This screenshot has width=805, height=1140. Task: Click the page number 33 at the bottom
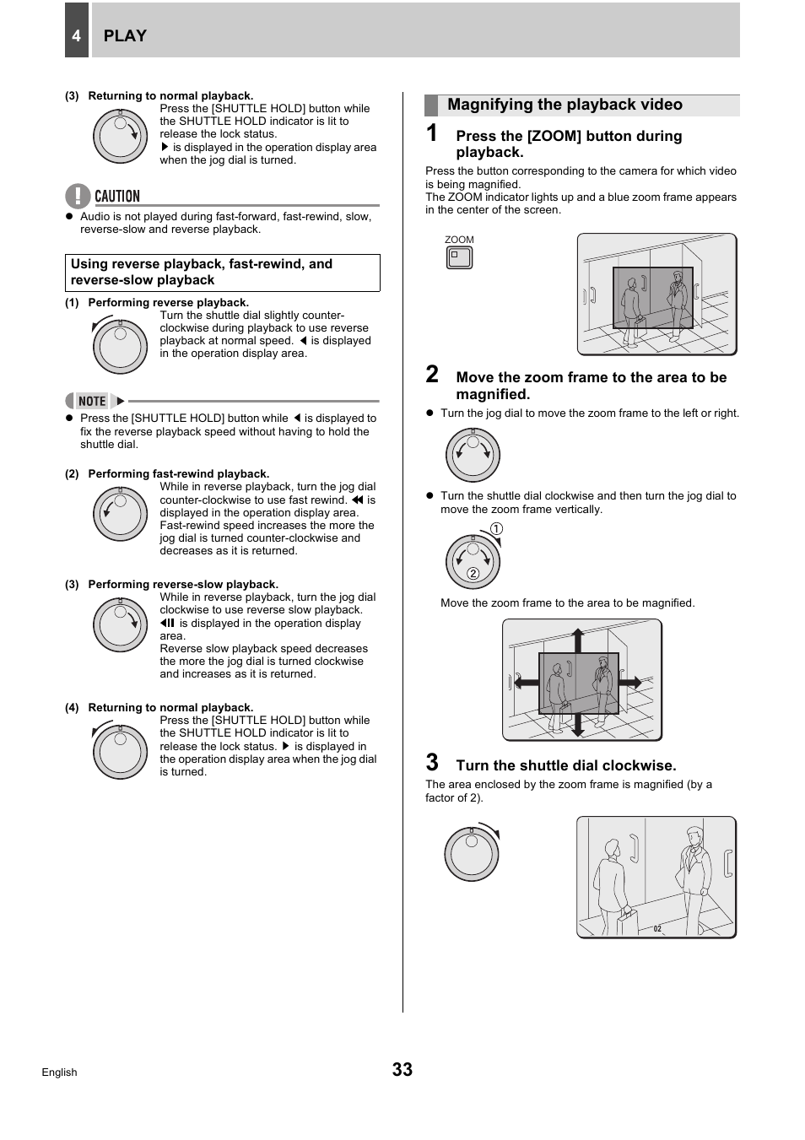tap(402, 1069)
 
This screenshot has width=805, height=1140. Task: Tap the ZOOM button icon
tap(459, 257)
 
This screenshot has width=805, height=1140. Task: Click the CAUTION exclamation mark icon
tap(77, 196)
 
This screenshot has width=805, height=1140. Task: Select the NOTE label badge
tap(93, 401)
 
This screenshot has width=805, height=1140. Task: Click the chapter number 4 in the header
tap(76, 35)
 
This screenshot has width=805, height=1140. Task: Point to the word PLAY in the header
tap(125, 35)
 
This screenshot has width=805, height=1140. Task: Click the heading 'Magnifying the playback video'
tap(565, 105)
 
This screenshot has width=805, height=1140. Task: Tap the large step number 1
tap(432, 133)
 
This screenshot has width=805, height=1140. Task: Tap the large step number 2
tap(432, 375)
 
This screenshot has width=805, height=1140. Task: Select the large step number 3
tap(432, 763)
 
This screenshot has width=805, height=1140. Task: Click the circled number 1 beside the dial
tap(496, 529)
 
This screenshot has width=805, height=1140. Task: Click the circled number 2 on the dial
tap(473, 574)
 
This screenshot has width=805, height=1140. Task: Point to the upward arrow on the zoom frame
tap(578, 640)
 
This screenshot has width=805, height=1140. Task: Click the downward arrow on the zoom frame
tap(578, 725)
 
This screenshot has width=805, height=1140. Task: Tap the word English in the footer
tap(59, 1072)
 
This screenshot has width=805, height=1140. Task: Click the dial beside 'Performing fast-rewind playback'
tap(121, 514)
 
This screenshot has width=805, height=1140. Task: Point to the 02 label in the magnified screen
tap(657, 929)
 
